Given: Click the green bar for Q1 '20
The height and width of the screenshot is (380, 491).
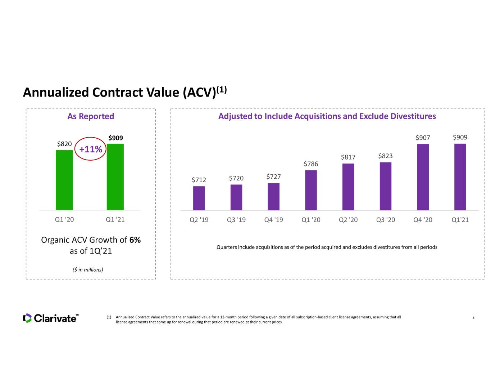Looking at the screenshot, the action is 64,180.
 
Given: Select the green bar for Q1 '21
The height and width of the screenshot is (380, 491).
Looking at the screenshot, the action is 115,177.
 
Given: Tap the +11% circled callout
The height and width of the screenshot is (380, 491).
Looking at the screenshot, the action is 90,149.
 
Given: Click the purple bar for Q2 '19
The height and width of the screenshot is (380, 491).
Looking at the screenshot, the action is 199,198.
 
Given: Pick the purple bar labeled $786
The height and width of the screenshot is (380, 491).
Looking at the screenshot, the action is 311,190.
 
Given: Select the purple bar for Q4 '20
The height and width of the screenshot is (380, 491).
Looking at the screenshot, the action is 423,177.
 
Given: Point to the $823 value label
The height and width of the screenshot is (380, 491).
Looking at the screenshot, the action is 386,156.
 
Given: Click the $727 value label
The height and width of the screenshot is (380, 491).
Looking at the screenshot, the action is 273,176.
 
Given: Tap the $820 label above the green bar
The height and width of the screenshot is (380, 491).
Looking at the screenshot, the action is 64,144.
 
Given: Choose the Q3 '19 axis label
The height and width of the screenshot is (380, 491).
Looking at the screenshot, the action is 236,220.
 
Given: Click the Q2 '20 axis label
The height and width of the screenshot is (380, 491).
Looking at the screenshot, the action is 348,220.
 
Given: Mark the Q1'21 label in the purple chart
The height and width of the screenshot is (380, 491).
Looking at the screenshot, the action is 460,220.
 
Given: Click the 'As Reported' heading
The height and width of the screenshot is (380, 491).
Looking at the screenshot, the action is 91,116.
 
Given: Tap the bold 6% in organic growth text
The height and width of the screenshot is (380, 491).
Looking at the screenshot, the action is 135,240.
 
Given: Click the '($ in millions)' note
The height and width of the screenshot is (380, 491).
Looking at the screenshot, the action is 88,270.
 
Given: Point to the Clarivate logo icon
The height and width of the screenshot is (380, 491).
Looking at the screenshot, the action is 27,318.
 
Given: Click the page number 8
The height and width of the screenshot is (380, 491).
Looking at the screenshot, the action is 474,318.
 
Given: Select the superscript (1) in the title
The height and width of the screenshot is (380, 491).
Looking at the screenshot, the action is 222,90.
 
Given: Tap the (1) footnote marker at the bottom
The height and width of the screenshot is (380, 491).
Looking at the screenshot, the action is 109,317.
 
